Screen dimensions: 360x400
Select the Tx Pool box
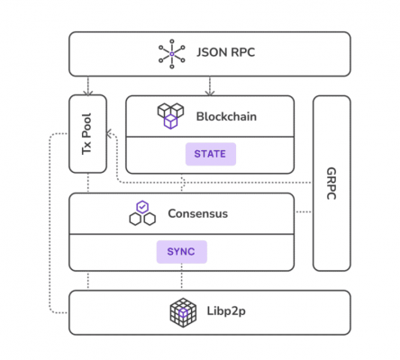[87, 133]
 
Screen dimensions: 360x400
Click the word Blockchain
[227, 115]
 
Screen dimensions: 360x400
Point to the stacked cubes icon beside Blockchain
[170, 116]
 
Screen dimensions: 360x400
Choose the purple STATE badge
[210, 154]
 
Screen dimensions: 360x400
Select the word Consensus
[197, 214]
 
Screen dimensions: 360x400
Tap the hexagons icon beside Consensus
[141, 214]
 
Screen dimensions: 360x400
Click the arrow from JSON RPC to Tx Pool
[87, 85]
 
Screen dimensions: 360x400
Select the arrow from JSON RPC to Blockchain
[210, 85]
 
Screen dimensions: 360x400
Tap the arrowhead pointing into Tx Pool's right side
[110, 134]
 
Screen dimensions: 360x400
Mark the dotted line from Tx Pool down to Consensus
[87, 183]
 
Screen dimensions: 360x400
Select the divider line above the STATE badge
[210, 136]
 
